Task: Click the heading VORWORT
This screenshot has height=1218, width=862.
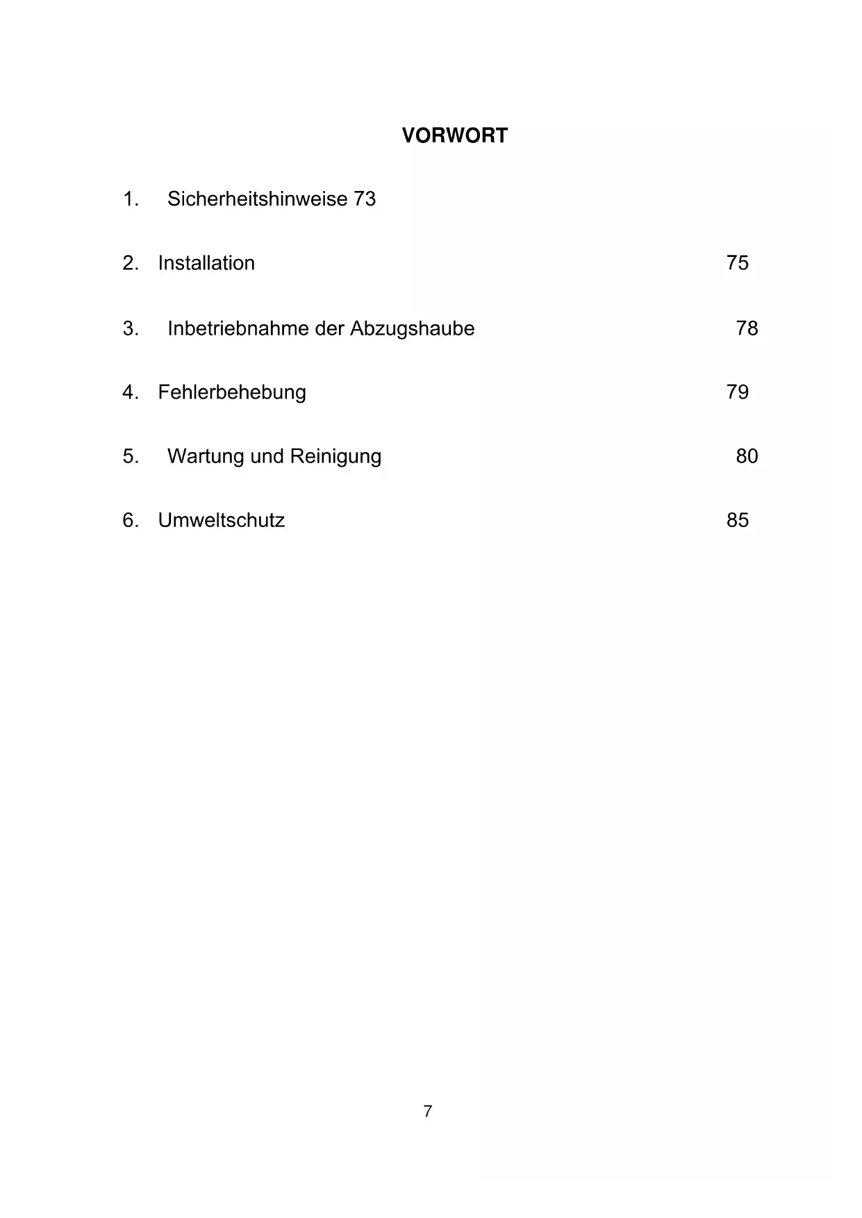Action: tap(454, 135)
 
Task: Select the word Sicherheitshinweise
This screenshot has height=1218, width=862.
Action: tap(257, 199)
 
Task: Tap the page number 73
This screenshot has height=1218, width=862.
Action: tap(365, 199)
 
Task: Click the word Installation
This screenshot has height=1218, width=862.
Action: tap(206, 263)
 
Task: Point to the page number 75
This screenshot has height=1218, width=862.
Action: tap(737, 263)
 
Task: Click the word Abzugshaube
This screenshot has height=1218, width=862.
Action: tap(412, 328)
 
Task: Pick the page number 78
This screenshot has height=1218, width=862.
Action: tap(747, 328)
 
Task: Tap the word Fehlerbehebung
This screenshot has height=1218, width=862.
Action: tap(232, 392)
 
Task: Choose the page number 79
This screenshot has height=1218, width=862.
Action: tap(737, 392)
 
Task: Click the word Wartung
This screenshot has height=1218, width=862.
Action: tap(206, 456)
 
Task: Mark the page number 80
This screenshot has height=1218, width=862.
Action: tap(747, 456)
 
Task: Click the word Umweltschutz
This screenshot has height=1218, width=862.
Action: tap(221, 520)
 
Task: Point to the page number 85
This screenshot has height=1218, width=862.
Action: tap(737, 520)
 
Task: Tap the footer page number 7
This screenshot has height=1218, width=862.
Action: tap(428, 1111)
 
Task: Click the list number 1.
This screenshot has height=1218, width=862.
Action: tap(130, 199)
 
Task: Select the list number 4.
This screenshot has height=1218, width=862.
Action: tap(130, 392)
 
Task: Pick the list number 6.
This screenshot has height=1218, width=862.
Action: tap(130, 520)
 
